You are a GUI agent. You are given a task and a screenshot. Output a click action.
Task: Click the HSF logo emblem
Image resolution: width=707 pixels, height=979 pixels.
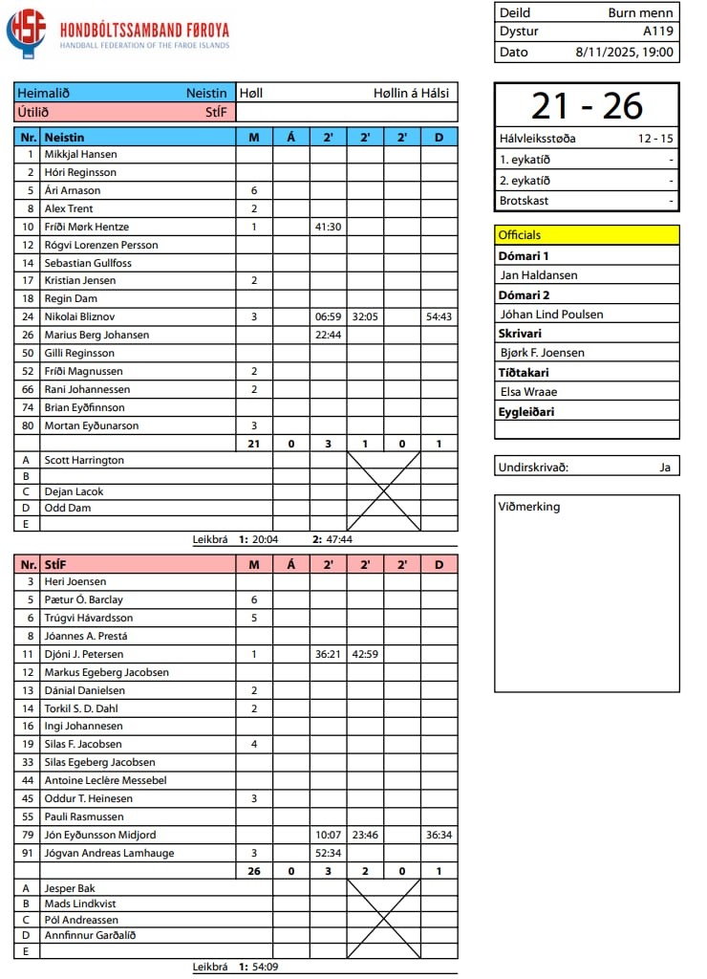coord(26,33)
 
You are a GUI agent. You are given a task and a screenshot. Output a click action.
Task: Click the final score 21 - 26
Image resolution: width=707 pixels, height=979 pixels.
coord(587,105)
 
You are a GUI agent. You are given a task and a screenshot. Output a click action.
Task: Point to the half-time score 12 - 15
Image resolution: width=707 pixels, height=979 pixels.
coord(655,139)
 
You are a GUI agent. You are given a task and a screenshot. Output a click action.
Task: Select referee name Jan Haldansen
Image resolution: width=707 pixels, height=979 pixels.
coord(539,275)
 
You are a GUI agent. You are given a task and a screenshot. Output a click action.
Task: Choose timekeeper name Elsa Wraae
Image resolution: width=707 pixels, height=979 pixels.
coord(528,392)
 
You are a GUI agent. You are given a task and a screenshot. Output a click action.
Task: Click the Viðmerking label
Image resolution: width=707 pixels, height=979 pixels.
coord(529,507)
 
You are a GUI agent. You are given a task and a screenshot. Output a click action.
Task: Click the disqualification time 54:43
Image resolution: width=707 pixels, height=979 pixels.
coord(439,316)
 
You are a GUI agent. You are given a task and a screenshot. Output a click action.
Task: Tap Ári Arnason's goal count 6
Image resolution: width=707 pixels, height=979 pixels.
coord(254,191)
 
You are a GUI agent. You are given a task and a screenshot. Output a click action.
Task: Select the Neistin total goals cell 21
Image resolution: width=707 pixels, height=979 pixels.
coord(254,444)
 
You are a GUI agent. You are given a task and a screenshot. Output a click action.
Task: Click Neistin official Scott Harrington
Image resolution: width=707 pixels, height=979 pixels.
coord(84,461)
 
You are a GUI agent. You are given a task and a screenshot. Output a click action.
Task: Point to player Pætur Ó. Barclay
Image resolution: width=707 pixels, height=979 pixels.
coord(83,600)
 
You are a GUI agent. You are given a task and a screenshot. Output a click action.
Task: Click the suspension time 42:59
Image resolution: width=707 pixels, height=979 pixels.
coord(365,655)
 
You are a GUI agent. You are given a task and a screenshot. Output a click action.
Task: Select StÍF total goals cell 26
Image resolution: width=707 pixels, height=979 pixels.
coord(254,871)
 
